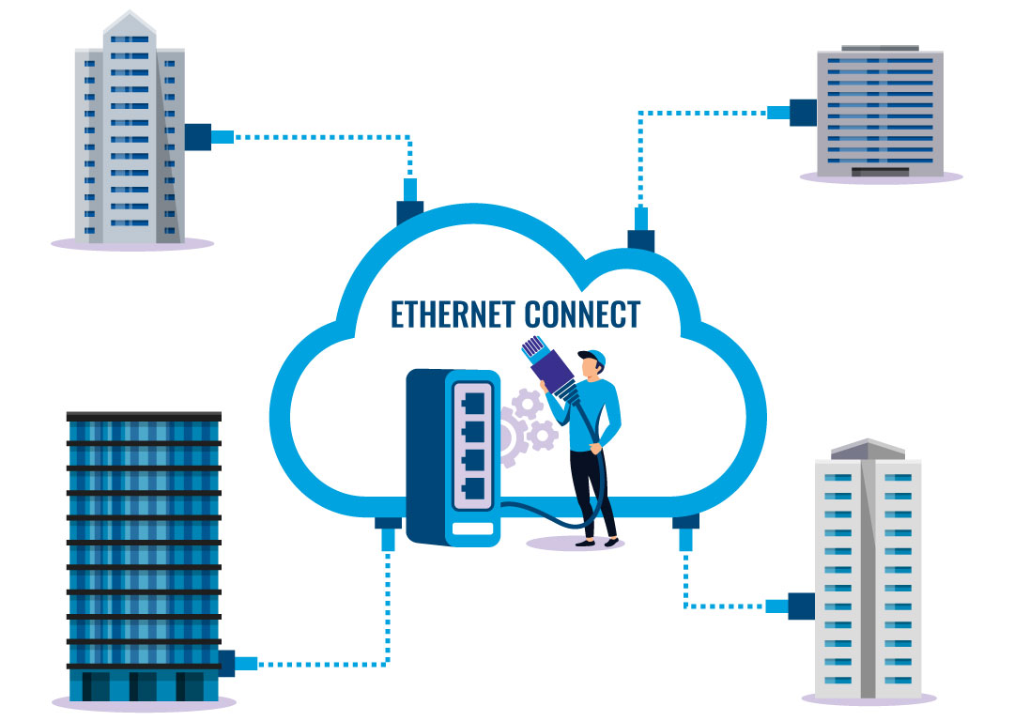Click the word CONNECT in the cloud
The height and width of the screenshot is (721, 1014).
coord(582,314)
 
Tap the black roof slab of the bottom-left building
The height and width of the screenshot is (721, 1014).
coord(144,415)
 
